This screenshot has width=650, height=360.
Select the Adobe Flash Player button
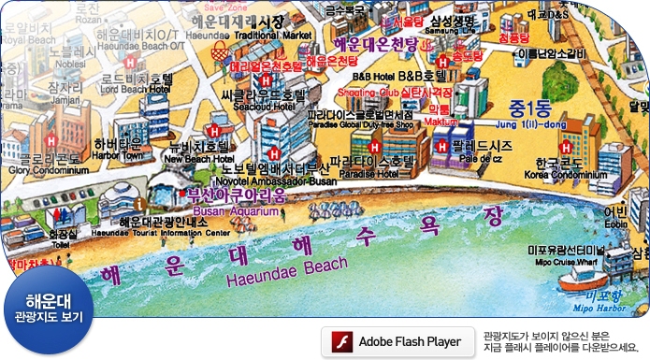(x=396, y=341)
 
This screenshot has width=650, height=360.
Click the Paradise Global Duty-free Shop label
(x=360, y=123)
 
